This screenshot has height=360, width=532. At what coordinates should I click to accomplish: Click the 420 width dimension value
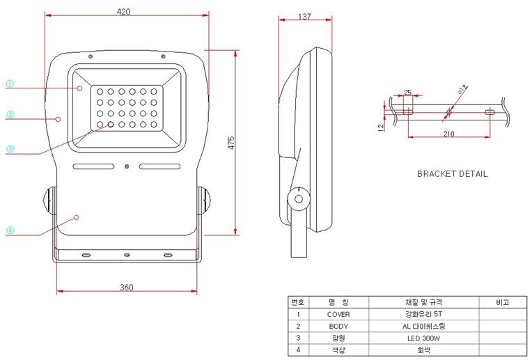pos(123,12)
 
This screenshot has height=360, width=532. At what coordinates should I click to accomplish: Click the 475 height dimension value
pos(231,143)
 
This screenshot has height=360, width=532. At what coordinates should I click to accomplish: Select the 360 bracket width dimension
pos(127,288)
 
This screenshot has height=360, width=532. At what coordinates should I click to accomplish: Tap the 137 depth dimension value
pos(305,17)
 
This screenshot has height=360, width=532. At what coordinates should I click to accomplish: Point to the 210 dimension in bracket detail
pos(448,134)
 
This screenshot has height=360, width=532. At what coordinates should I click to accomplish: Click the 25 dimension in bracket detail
pos(408,93)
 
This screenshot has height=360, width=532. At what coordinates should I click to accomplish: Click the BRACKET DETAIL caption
pos(452,173)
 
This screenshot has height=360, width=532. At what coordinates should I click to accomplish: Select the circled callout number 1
pos(10,84)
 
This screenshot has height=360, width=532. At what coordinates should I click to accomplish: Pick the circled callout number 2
pos(10,114)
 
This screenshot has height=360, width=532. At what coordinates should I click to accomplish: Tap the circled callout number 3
pos(10,149)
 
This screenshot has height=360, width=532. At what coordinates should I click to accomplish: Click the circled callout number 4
pos(10,230)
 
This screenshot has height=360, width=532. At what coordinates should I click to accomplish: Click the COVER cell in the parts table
pos(338,314)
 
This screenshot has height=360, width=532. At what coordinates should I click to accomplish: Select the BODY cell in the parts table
pos(338,326)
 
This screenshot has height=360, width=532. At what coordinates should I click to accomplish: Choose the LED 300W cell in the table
pos(423,338)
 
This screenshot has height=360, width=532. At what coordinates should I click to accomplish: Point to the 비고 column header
pos(502,302)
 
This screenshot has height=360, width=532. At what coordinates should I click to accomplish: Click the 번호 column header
pos(298,302)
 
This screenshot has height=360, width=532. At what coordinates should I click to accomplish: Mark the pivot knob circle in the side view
pos(299,199)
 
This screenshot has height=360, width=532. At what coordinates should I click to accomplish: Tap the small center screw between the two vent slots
pos(127,166)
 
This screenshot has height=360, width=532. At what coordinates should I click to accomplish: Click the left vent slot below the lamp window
pos(93,166)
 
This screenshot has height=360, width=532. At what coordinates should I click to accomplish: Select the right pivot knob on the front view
pos(203,201)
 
